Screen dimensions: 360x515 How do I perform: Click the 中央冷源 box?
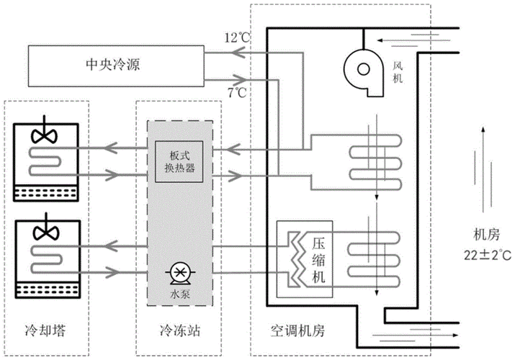(x=108, y=66)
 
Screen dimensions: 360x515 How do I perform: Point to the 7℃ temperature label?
(x=237, y=92)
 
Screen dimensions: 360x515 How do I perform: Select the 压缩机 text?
(x=320, y=260)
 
